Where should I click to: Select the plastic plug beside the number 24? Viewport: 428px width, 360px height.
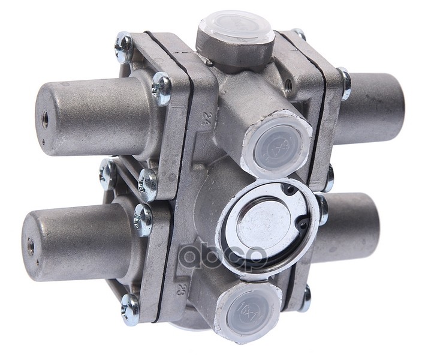(278, 143)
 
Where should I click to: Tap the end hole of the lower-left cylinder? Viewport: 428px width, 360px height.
(30, 245)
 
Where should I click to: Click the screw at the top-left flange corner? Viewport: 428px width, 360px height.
(124, 47)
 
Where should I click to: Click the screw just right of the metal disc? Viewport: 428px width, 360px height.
(322, 208)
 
